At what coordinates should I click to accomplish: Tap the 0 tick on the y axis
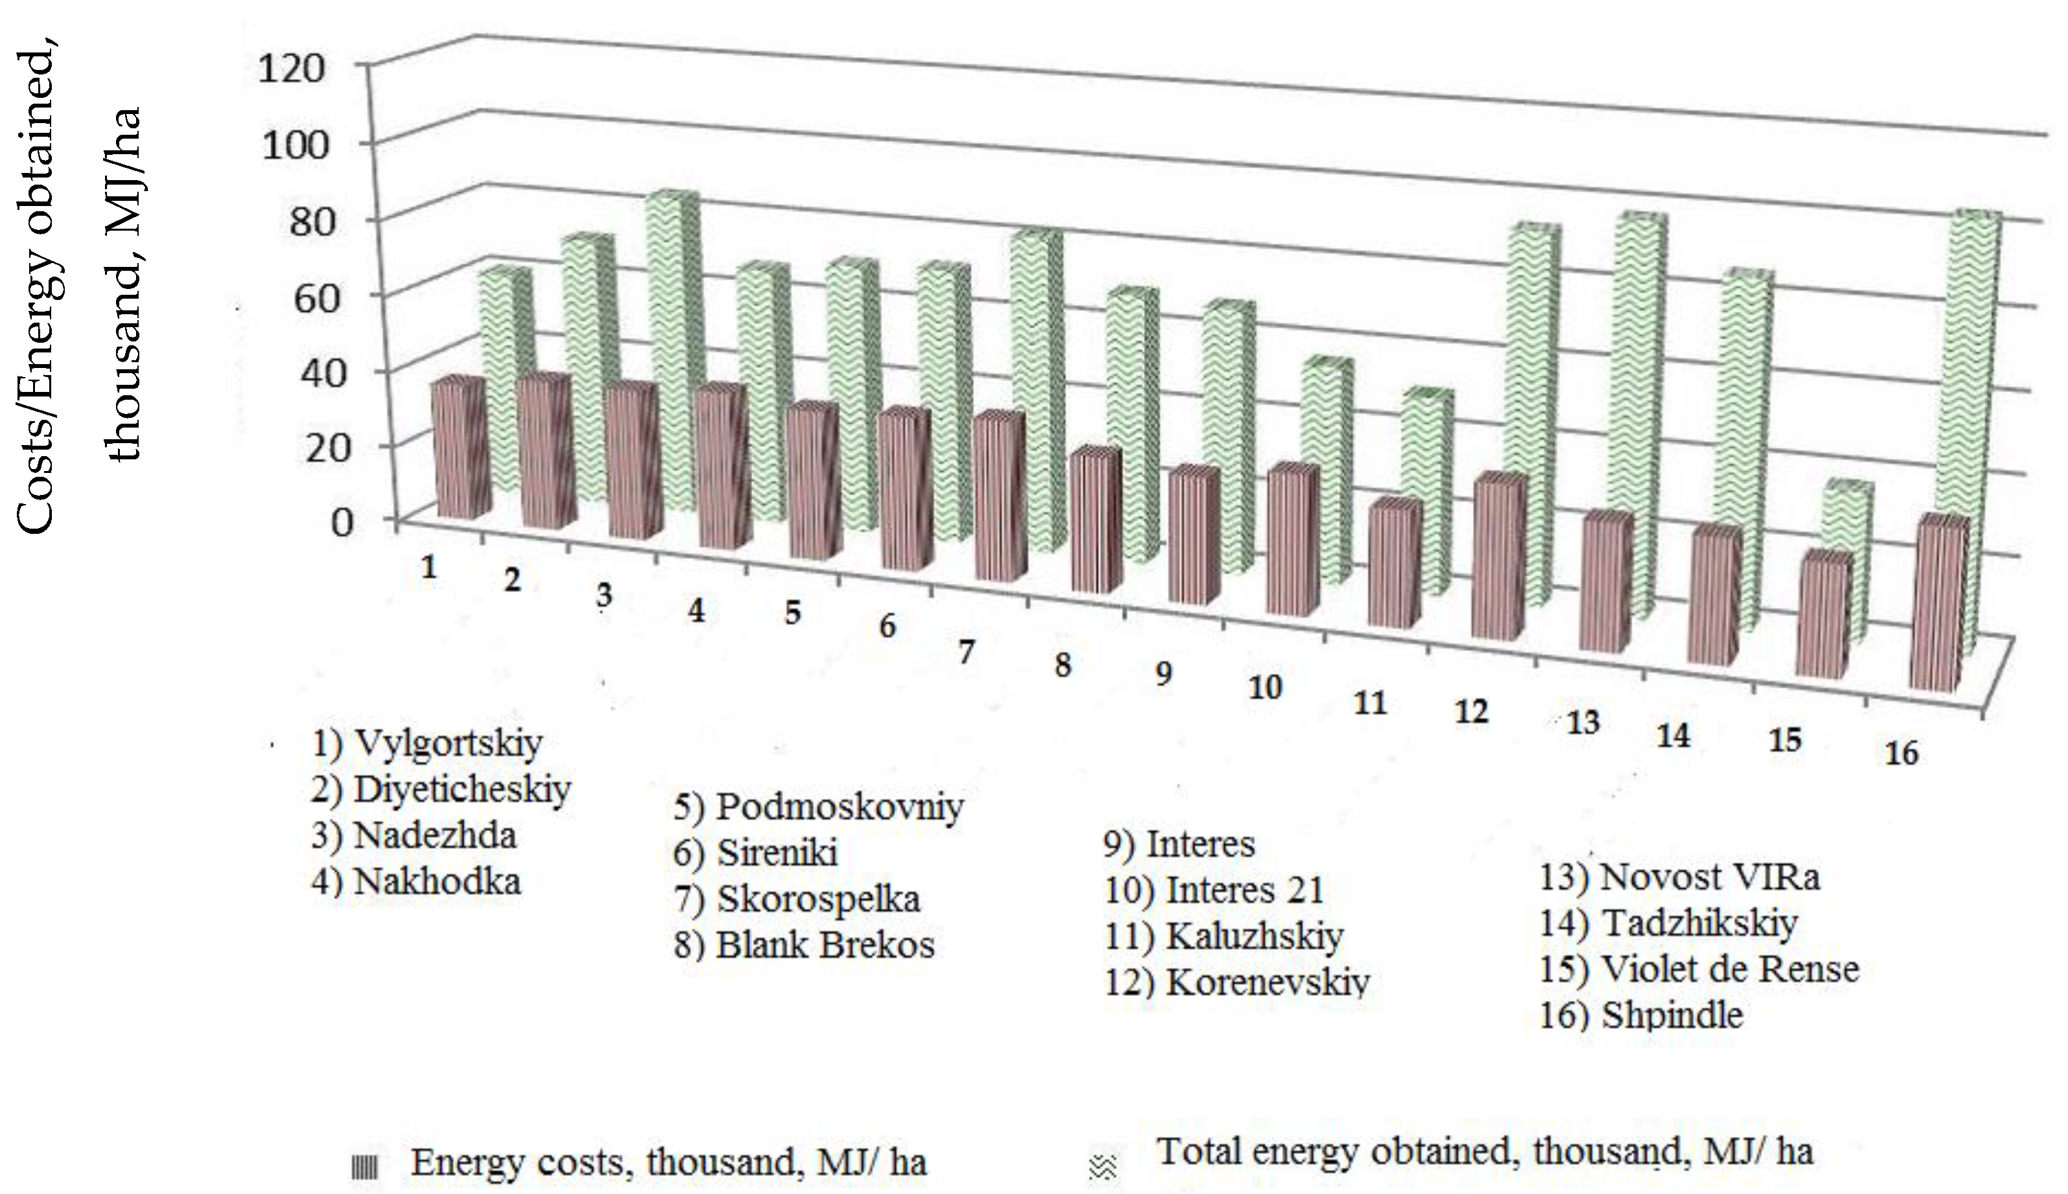point(342,521)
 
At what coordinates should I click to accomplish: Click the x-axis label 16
point(1901,753)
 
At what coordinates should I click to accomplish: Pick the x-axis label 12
point(1471,711)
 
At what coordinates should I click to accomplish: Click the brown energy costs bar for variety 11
point(1394,566)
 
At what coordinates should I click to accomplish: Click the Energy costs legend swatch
point(364,1166)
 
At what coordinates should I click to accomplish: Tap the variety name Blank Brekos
point(824,945)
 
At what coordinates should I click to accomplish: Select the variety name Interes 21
point(1244,890)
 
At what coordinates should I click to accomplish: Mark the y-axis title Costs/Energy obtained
point(37,291)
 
